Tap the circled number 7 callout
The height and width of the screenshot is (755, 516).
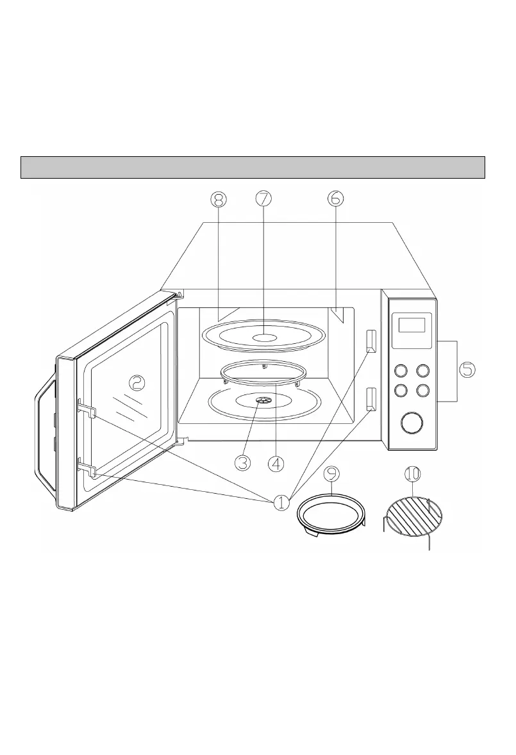pyautogui.click(x=263, y=199)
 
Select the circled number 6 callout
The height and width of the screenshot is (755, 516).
pyautogui.click(x=335, y=199)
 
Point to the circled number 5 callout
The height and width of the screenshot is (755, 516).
pyautogui.click(x=467, y=369)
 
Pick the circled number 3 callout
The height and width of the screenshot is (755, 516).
pyautogui.click(x=242, y=462)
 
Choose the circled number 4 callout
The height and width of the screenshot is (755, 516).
pyautogui.click(x=276, y=462)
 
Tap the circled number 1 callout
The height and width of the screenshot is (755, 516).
pyautogui.click(x=282, y=503)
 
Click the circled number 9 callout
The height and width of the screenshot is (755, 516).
pyautogui.click(x=331, y=475)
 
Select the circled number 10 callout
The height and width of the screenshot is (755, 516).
pyautogui.click(x=412, y=475)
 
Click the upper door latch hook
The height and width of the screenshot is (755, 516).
pyautogui.click(x=87, y=409)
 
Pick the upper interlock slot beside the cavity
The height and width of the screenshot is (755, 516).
pyautogui.click(x=370, y=341)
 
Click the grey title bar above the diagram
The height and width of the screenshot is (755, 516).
pyautogui.click(x=253, y=167)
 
